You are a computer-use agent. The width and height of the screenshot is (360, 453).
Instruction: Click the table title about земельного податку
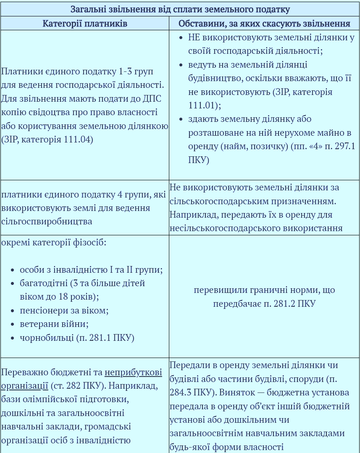(180, 9)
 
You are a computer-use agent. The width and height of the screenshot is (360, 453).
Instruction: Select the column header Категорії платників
(85, 24)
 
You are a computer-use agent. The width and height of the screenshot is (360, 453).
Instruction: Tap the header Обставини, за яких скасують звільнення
(264, 24)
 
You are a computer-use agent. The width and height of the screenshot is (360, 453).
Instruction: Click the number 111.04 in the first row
(78, 139)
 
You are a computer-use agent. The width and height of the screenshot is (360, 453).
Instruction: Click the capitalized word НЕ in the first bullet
(194, 37)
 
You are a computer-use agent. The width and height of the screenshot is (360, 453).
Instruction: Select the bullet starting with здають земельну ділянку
(250, 119)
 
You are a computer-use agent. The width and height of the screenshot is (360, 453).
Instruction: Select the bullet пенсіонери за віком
(64, 311)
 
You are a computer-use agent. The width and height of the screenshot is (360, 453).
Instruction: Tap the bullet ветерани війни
(54, 324)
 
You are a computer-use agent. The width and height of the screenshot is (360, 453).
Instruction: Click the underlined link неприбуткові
(133, 372)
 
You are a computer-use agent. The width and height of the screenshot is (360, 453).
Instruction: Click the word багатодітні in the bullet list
(43, 283)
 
